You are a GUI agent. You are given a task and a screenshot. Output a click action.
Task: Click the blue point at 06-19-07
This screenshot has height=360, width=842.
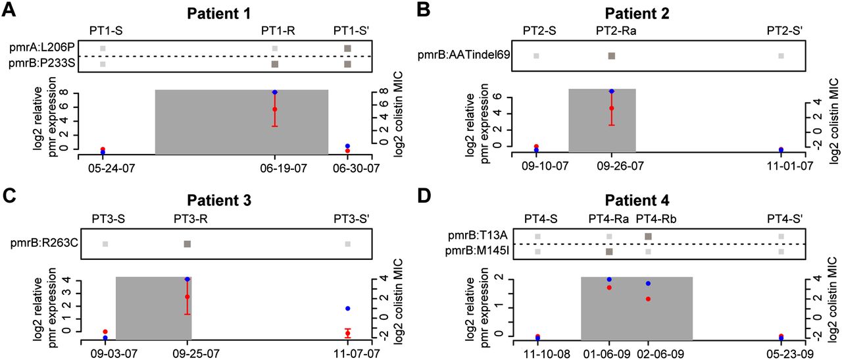(x=275, y=92)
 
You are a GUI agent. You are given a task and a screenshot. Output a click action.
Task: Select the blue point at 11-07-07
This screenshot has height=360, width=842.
(x=347, y=308)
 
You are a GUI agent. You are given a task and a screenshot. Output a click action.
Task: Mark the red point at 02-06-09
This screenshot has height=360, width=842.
(x=648, y=299)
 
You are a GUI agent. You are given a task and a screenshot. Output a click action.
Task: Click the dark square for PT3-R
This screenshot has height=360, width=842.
(x=187, y=244)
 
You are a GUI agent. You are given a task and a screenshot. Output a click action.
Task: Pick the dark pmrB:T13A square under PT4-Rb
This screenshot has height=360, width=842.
(x=649, y=236)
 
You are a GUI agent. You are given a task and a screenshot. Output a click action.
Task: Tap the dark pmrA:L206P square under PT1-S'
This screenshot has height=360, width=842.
(x=347, y=48)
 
